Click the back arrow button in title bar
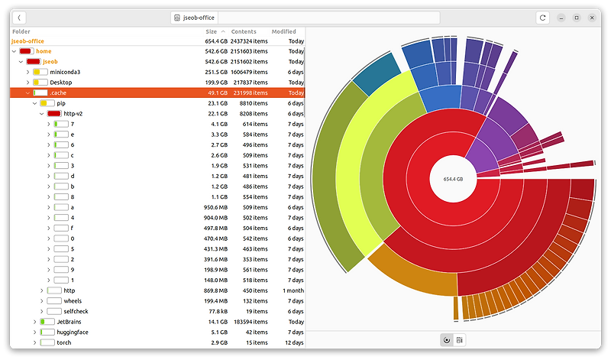click(19, 17)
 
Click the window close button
click(591, 17)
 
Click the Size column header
click(211, 31)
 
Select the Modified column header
click(283, 31)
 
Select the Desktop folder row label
click(61, 82)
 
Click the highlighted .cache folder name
click(58, 92)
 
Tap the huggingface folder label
click(73, 332)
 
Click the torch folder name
click(63, 342)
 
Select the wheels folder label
click(73, 301)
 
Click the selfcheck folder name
click(76, 312)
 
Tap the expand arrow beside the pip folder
click(34, 103)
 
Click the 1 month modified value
click(293, 290)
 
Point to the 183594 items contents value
click(249, 322)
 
